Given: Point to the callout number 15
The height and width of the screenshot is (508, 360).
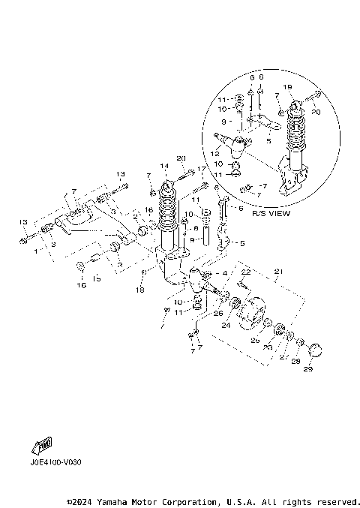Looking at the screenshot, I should click(96, 279).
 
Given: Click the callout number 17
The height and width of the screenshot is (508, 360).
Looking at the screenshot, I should click(200, 169).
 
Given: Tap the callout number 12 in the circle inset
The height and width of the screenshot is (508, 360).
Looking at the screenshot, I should click(214, 154).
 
